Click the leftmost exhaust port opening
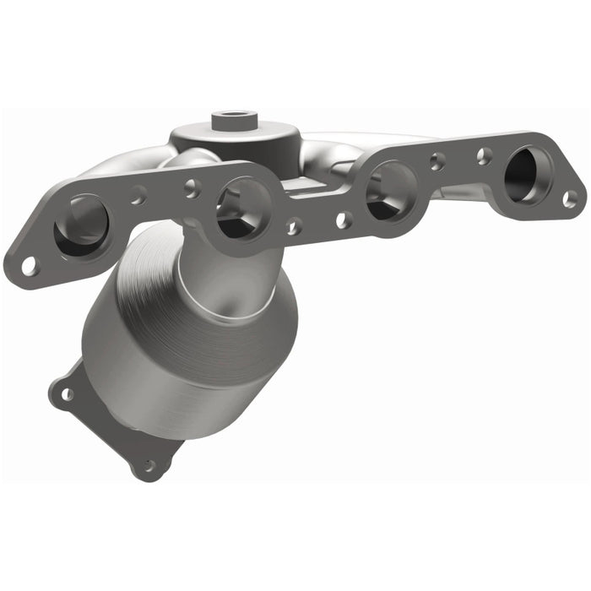82,225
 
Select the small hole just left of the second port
192,187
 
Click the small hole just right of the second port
293,226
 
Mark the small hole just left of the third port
342,220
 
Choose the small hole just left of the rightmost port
484,155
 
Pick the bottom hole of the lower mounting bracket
149,465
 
